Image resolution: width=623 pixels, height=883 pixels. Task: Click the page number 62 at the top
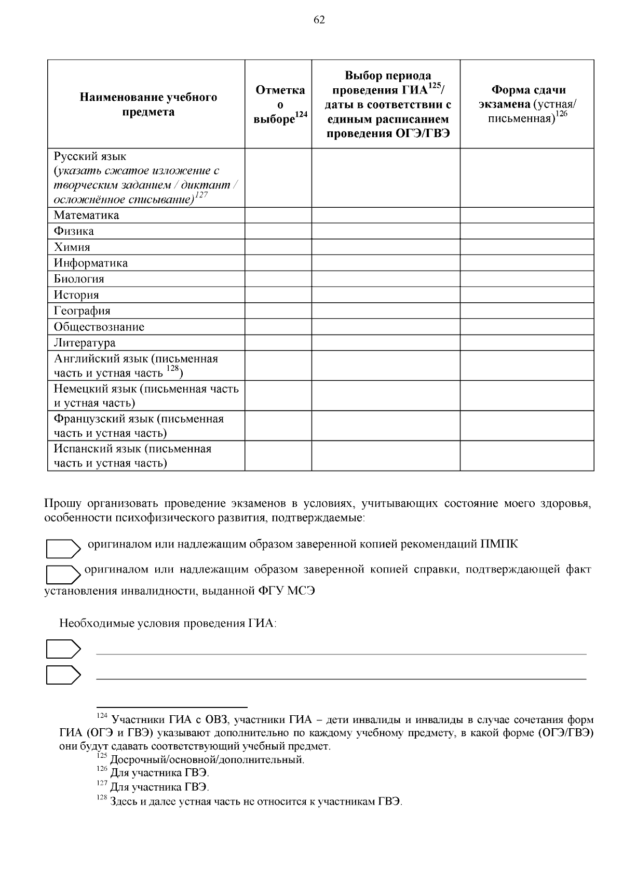[319, 20]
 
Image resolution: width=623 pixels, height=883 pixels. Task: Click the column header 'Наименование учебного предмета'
[148, 104]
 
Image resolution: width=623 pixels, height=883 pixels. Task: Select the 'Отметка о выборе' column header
[280, 104]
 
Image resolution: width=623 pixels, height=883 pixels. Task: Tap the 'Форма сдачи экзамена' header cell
[528, 104]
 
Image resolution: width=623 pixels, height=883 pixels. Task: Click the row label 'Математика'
[86, 215]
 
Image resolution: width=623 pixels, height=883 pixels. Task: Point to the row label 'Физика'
[74, 231]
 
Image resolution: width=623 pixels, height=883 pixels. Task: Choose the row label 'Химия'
[72, 247]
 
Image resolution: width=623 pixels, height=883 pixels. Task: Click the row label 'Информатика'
[91, 263]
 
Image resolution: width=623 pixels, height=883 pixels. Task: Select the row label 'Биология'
[79, 279]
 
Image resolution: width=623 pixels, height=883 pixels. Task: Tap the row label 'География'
[82, 311]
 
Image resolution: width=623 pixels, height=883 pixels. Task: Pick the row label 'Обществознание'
[99, 327]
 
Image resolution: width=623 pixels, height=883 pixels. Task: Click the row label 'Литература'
[85, 343]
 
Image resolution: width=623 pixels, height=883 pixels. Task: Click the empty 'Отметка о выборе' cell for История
[278, 295]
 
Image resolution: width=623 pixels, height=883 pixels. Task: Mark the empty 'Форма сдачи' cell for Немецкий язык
[527, 396]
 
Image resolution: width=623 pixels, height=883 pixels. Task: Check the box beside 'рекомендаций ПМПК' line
[62, 548]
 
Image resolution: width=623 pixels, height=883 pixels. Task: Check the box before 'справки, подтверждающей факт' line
[62, 574]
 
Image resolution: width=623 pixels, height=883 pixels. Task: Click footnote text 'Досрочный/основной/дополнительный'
[207, 760]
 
